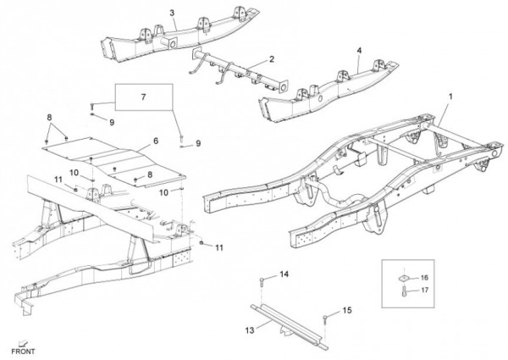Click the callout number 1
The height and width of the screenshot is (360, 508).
click(x=450, y=97)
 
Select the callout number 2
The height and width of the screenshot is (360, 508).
click(x=272, y=59)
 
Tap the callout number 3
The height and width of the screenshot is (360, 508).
click(x=172, y=13)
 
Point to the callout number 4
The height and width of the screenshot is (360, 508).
click(x=359, y=50)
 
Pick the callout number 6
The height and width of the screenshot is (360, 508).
click(x=156, y=141)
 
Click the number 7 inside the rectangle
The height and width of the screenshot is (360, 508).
click(x=143, y=98)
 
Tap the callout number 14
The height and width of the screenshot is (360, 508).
click(x=284, y=274)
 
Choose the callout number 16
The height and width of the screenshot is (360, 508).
click(x=424, y=278)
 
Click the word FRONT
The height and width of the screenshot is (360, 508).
click(x=23, y=351)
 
